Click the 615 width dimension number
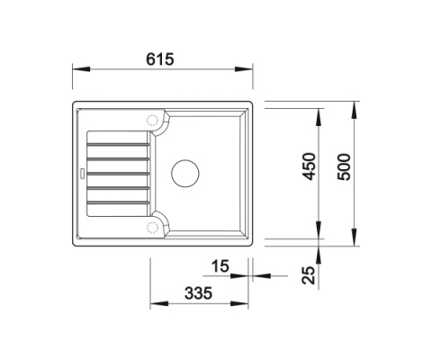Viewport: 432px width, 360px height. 160,59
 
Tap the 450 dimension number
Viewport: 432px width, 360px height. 310,166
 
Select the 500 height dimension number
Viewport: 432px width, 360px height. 344,166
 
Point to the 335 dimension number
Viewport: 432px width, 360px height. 198,293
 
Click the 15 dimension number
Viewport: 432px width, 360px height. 220,266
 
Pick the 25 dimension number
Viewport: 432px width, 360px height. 309,275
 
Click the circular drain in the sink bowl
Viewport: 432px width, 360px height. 185,174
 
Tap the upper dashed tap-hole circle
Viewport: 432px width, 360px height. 152,120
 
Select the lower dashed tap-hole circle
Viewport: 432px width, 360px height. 152,228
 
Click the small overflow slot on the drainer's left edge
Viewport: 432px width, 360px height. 81,174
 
